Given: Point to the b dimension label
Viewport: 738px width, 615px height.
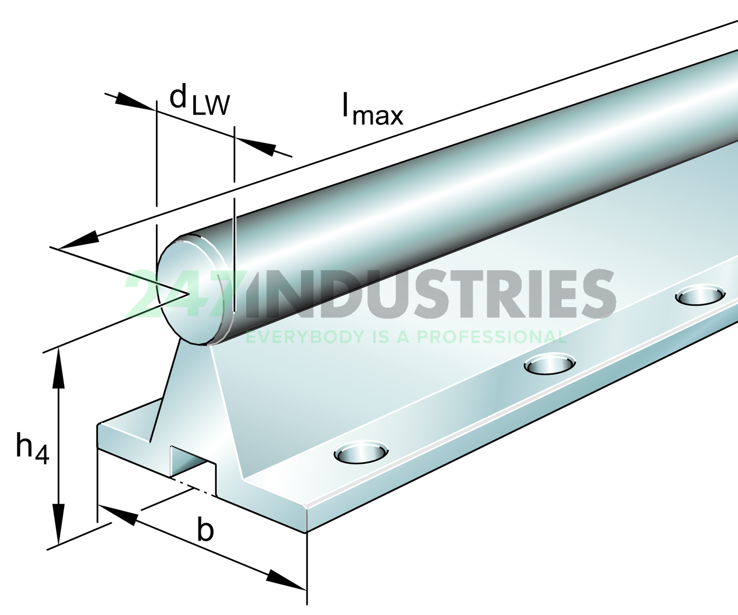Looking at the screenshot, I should click(x=206, y=530).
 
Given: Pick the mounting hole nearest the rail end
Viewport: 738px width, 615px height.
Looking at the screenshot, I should click(x=361, y=453).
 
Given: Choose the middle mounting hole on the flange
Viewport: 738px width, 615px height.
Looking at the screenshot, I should click(x=549, y=364).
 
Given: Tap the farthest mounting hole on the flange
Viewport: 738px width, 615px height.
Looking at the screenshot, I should click(x=700, y=296).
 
